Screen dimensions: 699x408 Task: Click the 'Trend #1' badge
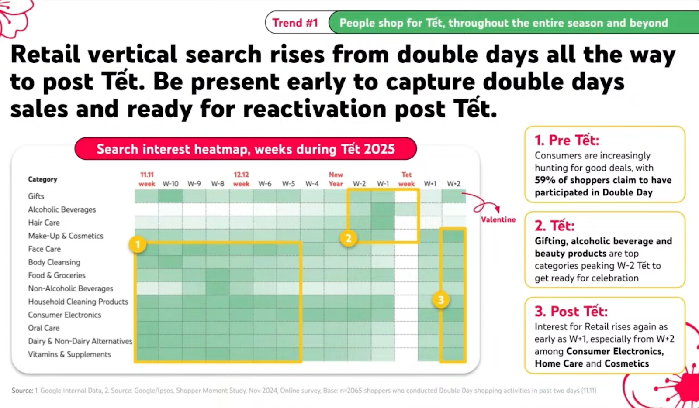point(295,23)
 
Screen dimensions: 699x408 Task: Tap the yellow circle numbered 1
point(138,245)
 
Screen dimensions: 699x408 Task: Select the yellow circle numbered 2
point(348,238)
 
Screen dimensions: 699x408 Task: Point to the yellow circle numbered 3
point(441,300)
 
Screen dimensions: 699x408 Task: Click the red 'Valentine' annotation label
point(498,220)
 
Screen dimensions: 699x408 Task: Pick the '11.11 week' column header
point(147,179)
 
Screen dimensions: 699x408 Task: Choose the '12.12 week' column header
point(241,179)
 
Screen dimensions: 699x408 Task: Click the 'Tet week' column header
point(406,179)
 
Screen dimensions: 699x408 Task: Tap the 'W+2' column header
point(453,184)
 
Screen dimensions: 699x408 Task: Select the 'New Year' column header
point(336,179)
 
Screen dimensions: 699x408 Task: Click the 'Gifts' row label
point(36,196)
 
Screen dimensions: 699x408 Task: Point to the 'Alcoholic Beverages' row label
point(62,209)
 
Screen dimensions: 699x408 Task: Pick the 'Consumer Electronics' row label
point(65,315)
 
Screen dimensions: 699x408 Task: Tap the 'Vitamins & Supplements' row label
point(69,354)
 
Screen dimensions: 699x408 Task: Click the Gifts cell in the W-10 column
point(170,196)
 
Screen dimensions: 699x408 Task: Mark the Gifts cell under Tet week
point(406,196)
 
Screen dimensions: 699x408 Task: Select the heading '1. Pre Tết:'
point(567,140)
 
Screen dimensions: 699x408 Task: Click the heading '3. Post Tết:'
point(571,312)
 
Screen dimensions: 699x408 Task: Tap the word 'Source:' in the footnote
point(22,391)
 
